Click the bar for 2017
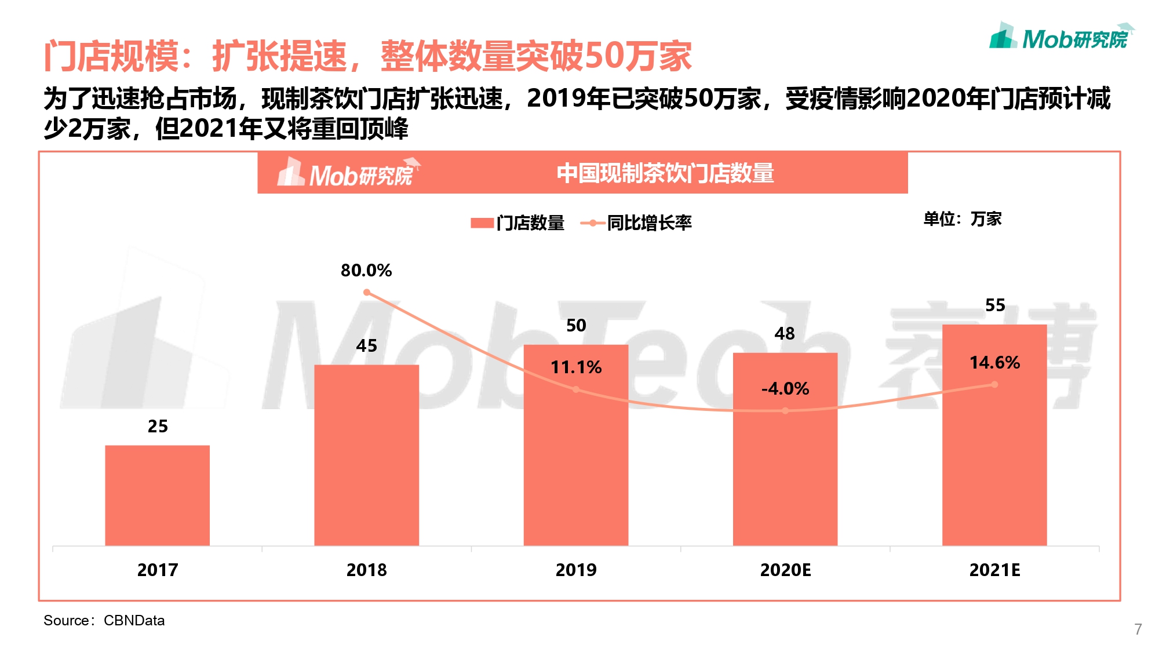(x=157, y=495)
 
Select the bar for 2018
(x=366, y=455)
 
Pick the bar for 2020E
(x=785, y=464)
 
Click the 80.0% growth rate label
(x=366, y=271)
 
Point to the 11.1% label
(x=576, y=367)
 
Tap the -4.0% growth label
(x=785, y=389)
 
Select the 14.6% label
(x=994, y=363)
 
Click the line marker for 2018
(x=366, y=293)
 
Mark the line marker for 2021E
(x=994, y=384)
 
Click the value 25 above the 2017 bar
(x=158, y=427)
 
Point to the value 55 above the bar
(x=995, y=305)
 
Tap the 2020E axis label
(x=785, y=570)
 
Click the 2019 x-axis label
(x=576, y=570)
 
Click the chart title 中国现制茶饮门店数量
(x=665, y=173)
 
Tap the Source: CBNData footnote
(x=104, y=621)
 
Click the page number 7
(x=1138, y=629)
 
